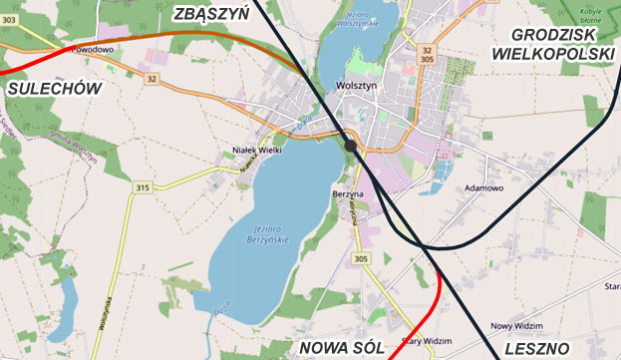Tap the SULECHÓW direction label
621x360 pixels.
coord(55,89)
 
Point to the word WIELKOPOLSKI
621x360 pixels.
coord(553,52)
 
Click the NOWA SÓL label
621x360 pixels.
coord(341,347)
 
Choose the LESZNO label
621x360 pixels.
coord(538,347)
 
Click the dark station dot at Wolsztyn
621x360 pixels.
coord(351,146)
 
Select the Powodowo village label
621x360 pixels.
coord(94,47)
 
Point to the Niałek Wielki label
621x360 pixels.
coord(254,153)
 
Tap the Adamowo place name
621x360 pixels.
coord(485,187)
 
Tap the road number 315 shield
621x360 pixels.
coord(143,187)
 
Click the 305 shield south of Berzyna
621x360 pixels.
coord(360,259)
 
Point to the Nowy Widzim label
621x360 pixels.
coord(514,326)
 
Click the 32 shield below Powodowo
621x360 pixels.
coord(152,78)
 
